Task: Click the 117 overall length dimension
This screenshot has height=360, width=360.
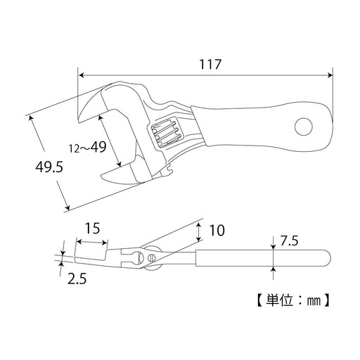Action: pos(210,64)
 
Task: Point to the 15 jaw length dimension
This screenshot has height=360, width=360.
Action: pos(91,229)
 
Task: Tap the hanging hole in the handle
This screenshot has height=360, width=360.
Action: pos(304,127)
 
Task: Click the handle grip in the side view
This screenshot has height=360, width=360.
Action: pos(260,258)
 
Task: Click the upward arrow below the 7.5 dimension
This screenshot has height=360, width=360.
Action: pos(272,270)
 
